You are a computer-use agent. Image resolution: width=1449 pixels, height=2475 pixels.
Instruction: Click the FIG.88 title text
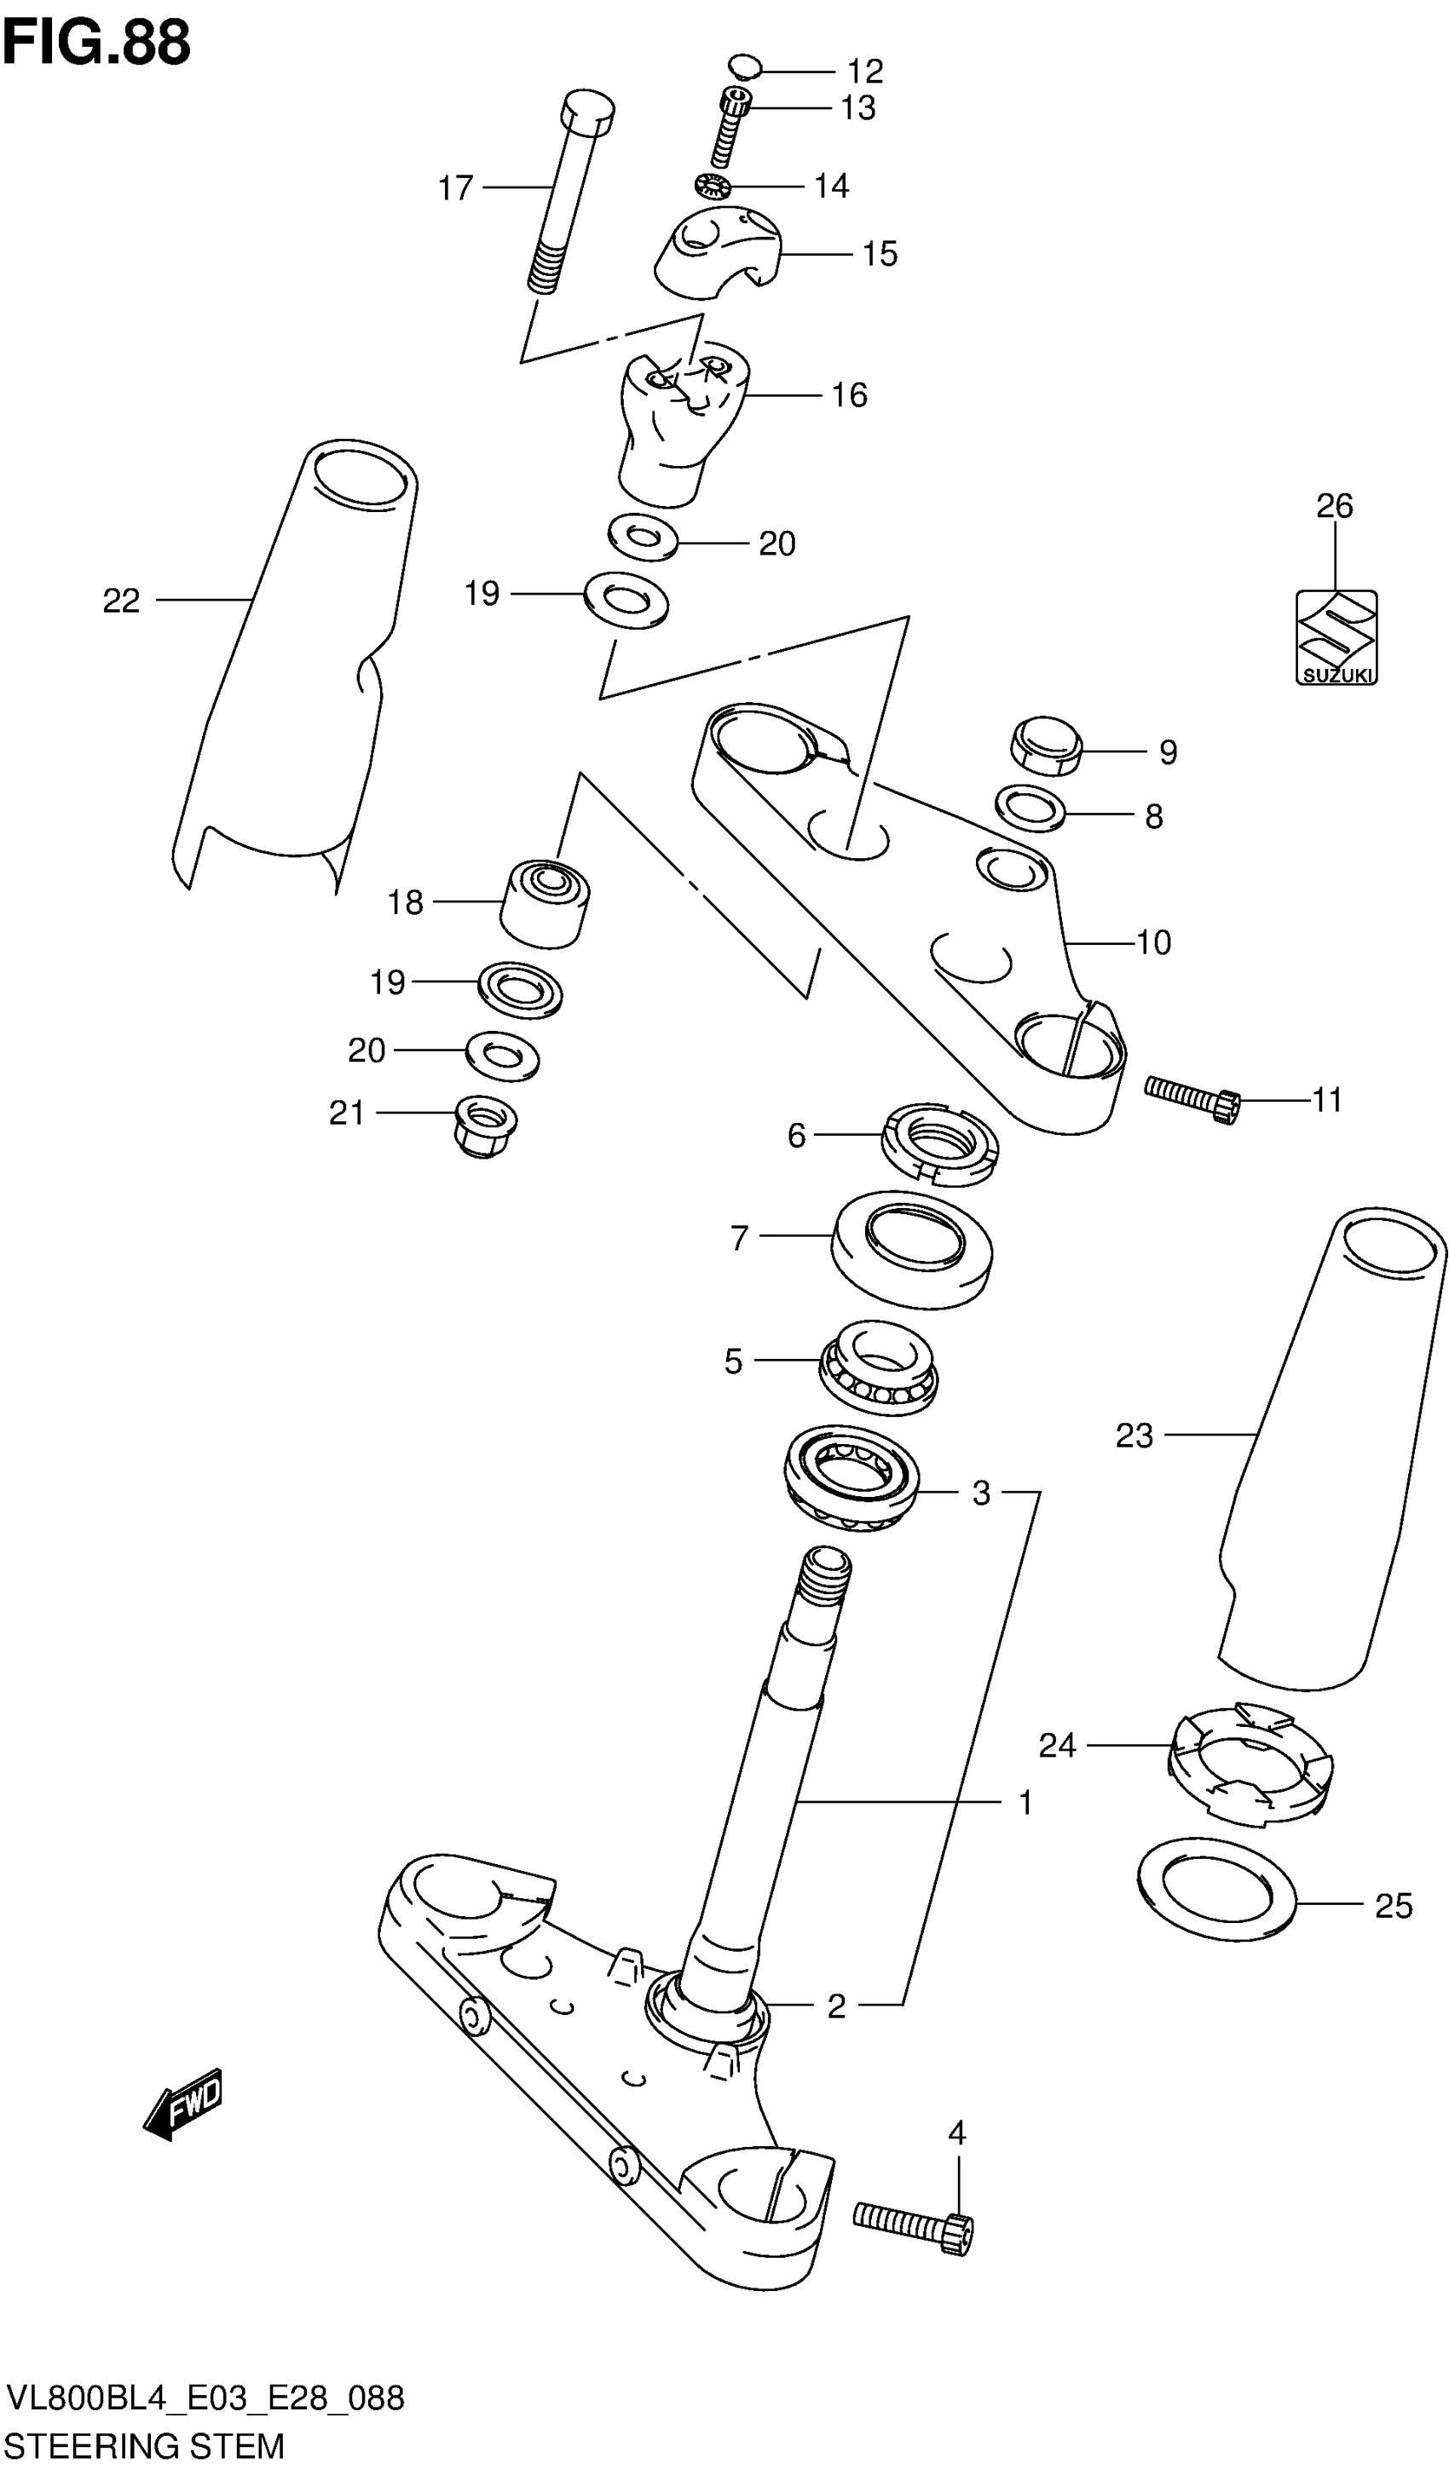click(x=96, y=43)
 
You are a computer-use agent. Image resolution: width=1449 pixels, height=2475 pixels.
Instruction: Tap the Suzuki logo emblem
click(x=1335, y=636)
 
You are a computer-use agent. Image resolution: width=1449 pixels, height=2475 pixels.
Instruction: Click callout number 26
click(x=1334, y=506)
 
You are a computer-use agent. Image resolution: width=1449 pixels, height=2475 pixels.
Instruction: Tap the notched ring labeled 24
click(x=1250, y=1762)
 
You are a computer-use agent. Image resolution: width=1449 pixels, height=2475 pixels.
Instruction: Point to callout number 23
click(x=1134, y=1436)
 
